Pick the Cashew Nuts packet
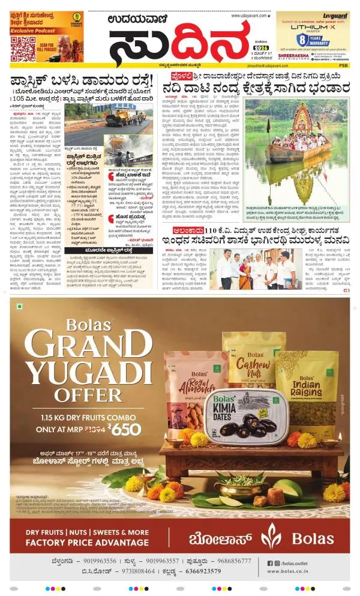[246, 366]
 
